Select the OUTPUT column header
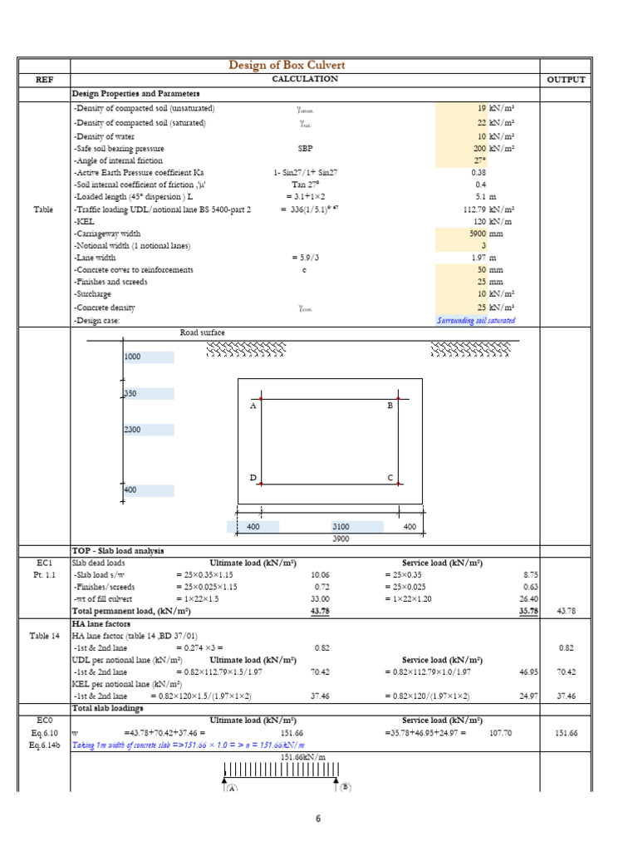pyautogui.click(x=565, y=80)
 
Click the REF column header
pyautogui.click(x=43, y=80)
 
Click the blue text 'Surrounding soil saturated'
pyautogui.click(x=475, y=320)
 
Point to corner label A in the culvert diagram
pyautogui.click(x=253, y=406)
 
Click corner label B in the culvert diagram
pyautogui.click(x=389, y=406)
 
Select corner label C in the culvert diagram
pyautogui.click(x=389, y=478)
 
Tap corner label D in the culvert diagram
pyautogui.click(x=253, y=478)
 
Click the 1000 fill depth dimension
pyautogui.click(x=133, y=357)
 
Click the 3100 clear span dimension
pyautogui.click(x=341, y=527)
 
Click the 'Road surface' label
pyautogui.click(x=202, y=332)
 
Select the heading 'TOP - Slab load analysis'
pyautogui.click(x=118, y=551)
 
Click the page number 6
pyautogui.click(x=318, y=819)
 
